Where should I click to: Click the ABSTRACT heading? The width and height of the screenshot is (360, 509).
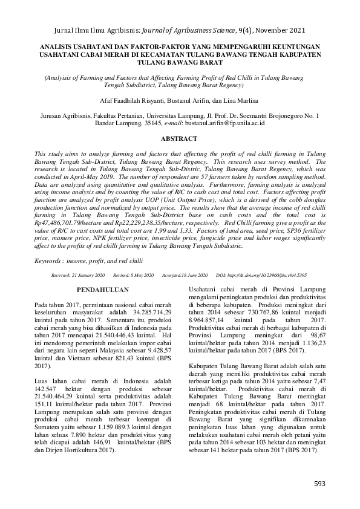(180, 138)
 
